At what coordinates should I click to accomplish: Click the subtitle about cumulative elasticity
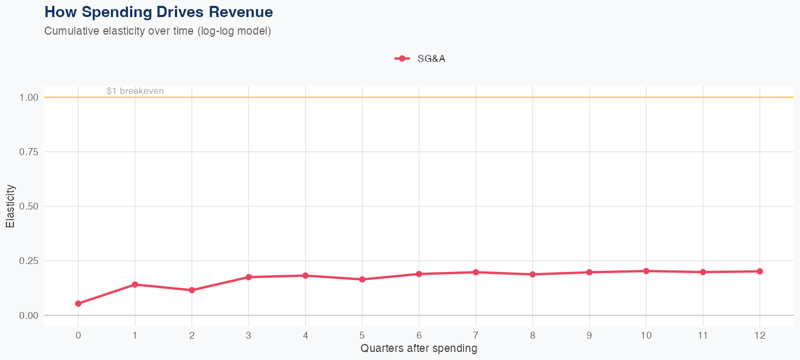click(158, 31)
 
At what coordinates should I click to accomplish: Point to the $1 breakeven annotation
click(135, 91)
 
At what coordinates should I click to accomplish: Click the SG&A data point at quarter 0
click(78, 303)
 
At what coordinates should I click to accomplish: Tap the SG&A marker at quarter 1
click(135, 284)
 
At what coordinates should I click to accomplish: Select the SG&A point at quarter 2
click(191, 290)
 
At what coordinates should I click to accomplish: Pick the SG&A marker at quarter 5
click(362, 279)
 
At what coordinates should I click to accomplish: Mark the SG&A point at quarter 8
click(532, 274)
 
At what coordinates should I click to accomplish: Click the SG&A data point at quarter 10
click(646, 271)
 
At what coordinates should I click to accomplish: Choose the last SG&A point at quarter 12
click(759, 271)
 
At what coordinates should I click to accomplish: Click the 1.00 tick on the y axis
click(29, 98)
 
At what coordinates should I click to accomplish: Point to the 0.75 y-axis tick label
click(29, 152)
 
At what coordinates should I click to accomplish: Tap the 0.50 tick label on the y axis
click(29, 206)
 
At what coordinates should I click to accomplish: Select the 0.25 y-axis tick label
click(29, 261)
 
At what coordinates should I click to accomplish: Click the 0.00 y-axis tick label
click(29, 315)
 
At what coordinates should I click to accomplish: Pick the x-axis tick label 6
click(419, 335)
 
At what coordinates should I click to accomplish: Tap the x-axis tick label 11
click(703, 335)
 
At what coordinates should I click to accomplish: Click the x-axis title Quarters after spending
click(419, 349)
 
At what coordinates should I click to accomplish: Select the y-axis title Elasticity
click(10, 206)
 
